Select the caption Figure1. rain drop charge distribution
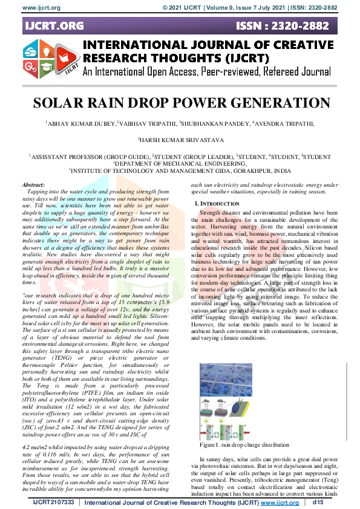tap(252, 444)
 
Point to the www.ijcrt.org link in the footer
tap(280, 502)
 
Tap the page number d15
tap(318, 502)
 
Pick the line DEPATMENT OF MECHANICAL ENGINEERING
tap(180, 163)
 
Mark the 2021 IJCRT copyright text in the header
tap(189, 7)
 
